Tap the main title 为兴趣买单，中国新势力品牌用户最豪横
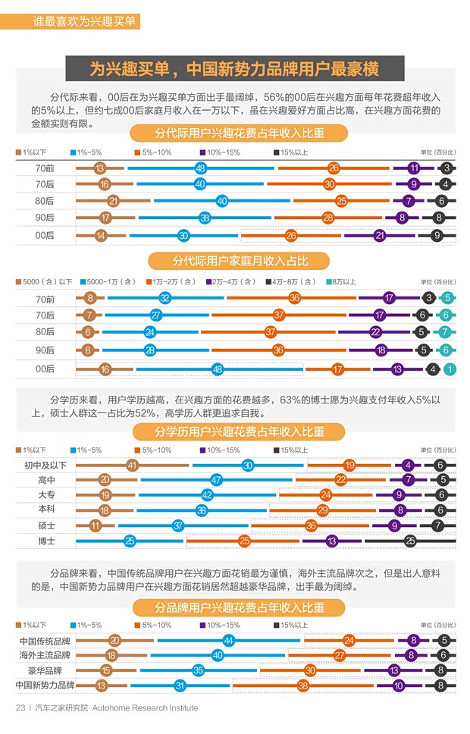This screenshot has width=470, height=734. click(234, 70)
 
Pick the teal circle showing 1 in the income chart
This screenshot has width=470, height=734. click(449, 369)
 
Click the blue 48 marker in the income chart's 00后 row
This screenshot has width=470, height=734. click(218, 369)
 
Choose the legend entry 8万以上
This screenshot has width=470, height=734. click(341, 282)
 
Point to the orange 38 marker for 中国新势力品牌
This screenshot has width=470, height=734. click(302, 685)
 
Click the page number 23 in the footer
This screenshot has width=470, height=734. click(20, 707)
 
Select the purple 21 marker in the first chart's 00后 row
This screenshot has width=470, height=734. click(379, 236)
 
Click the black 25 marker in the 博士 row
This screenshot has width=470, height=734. click(410, 541)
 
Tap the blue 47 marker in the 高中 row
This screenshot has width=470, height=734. click(216, 480)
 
